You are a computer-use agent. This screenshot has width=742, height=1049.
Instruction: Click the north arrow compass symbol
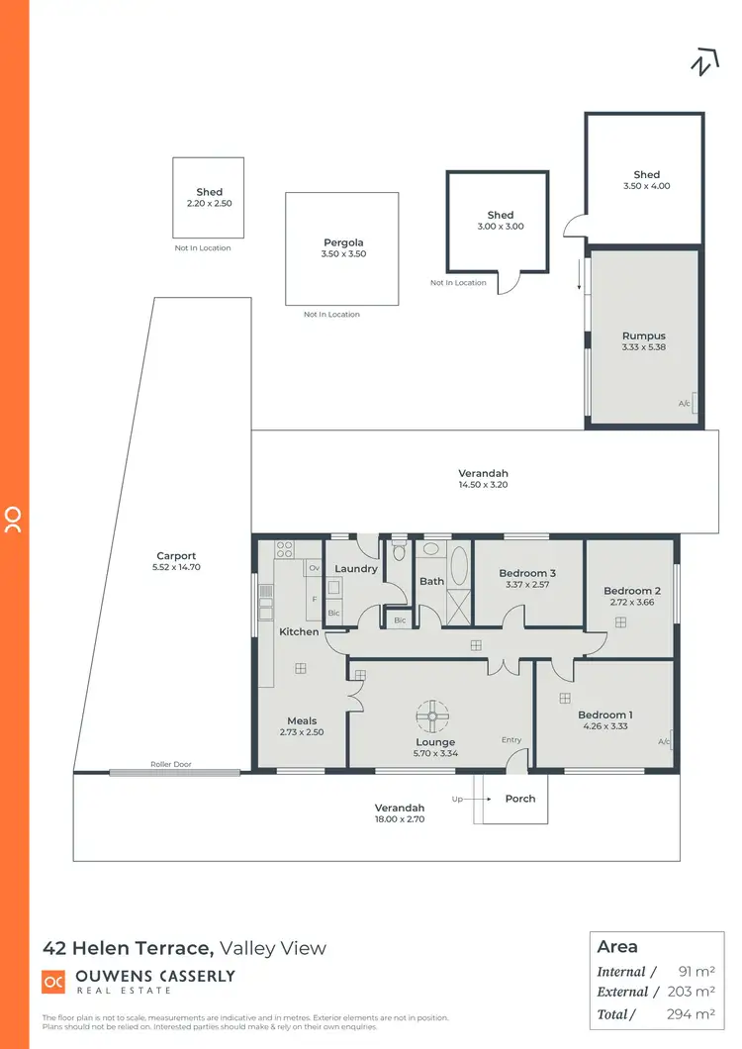coord(701,61)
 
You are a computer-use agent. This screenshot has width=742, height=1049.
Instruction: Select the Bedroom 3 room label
coord(527,573)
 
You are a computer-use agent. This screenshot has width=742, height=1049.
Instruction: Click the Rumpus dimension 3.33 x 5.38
coord(643,347)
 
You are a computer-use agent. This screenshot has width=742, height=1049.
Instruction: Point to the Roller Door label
coord(169,764)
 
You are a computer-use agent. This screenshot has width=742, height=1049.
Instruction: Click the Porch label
coord(520,799)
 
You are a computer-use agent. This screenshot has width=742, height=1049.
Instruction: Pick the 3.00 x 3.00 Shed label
coord(501,215)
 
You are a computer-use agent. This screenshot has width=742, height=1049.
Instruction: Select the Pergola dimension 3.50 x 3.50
coord(342,254)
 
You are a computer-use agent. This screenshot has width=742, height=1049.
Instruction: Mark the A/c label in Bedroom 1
coord(663,742)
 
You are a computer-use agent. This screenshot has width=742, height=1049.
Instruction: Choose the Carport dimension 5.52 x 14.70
coord(177,568)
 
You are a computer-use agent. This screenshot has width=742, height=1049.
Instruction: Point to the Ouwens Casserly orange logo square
coord(53,982)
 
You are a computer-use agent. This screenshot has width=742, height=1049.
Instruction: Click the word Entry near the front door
coord(510,740)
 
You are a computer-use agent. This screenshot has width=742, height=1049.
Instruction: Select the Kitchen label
coord(299,631)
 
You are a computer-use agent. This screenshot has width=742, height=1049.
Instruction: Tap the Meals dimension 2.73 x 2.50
coord(302,732)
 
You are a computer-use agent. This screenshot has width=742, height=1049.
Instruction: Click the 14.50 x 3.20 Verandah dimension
coord(483,486)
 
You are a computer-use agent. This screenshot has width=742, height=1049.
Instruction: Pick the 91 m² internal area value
coord(696,972)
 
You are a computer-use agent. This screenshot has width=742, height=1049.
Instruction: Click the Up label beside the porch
coord(456,799)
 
